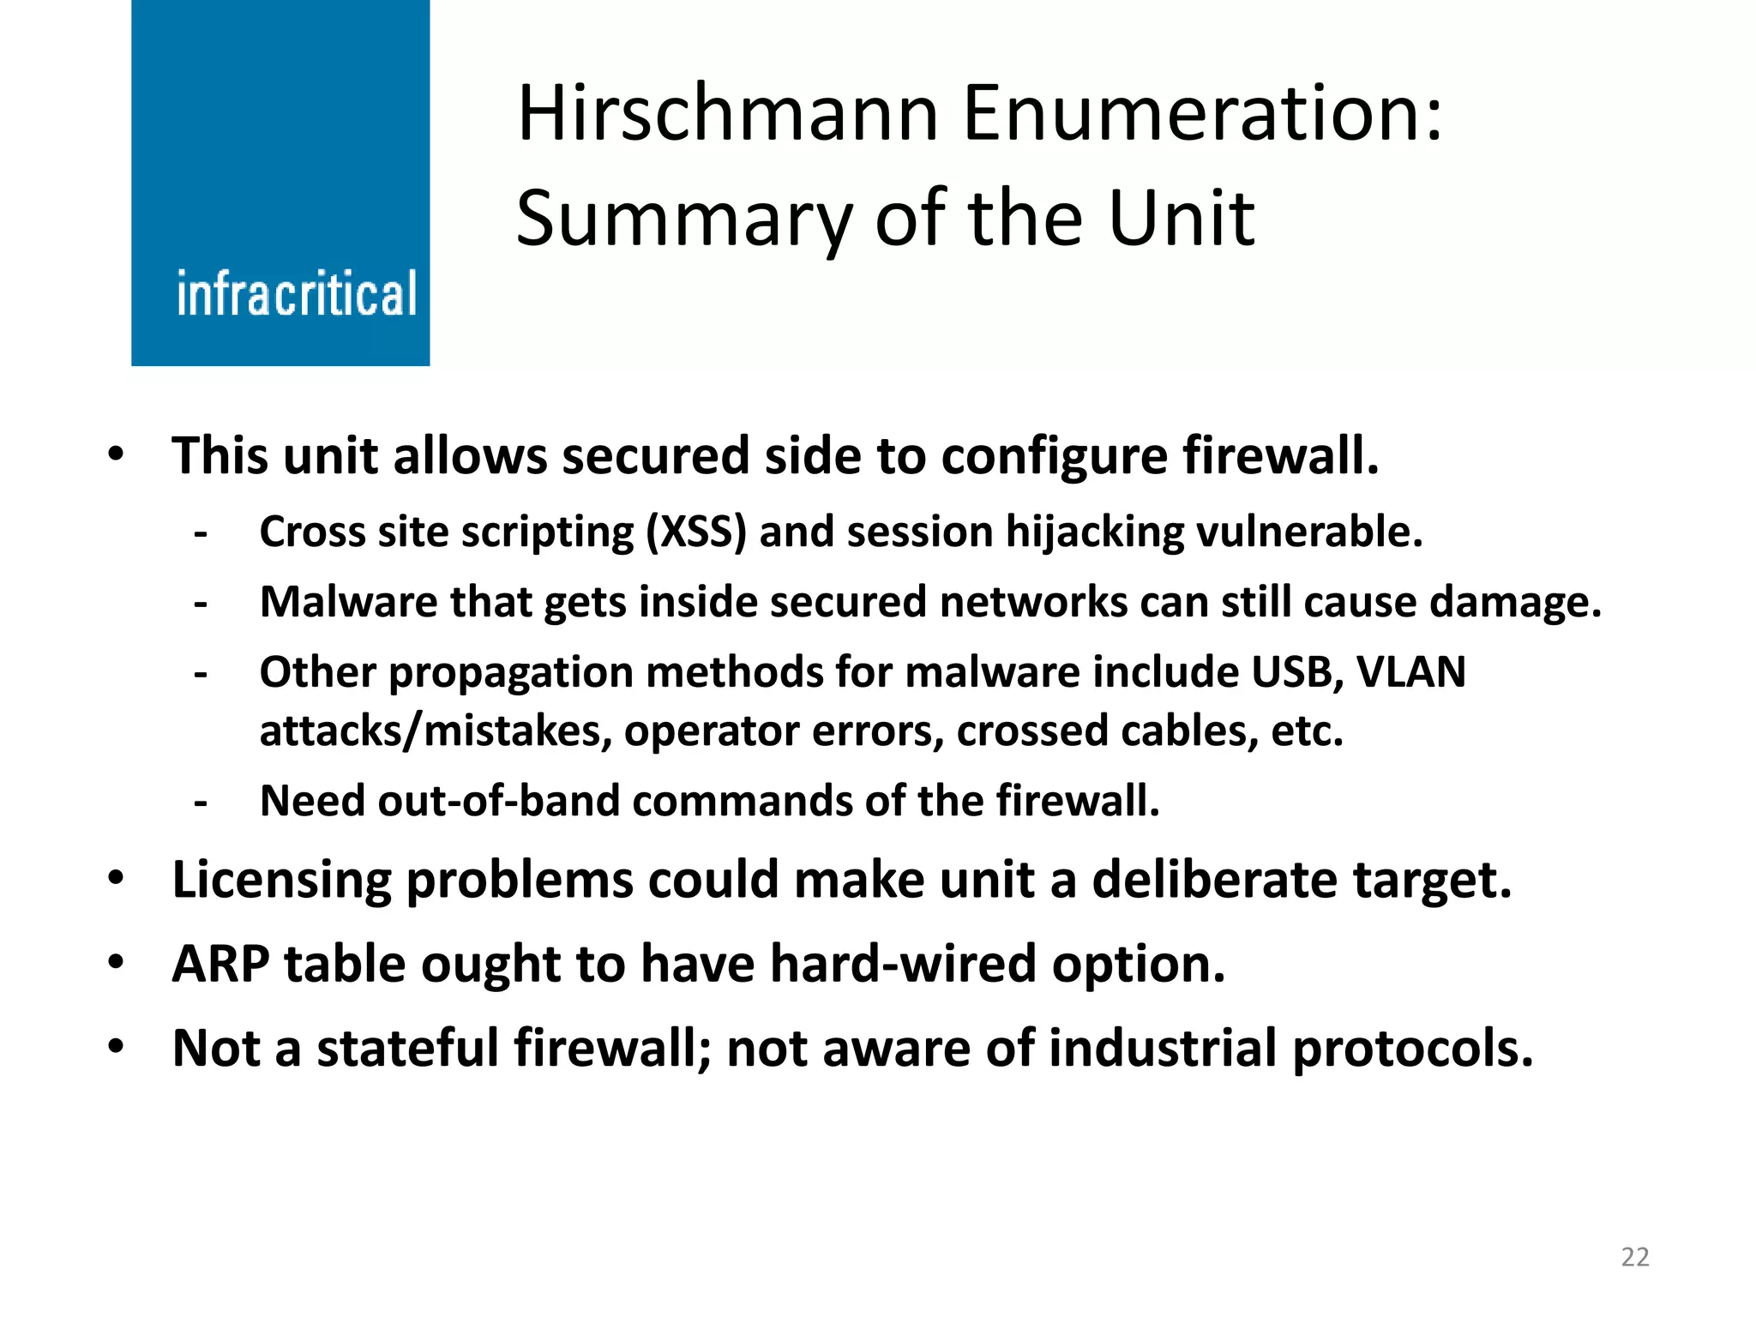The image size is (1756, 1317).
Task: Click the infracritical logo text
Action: (297, 294)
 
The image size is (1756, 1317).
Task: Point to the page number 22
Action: (1635, 1257)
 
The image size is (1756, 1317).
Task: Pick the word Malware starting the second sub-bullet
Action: (348, 602)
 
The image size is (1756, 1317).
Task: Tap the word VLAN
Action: (1411, 672)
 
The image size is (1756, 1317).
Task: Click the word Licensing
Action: (281, 881)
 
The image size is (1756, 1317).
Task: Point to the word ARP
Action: (220, 965)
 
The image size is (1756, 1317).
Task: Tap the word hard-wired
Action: (904, 965)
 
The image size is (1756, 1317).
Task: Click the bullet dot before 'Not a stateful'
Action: (116, 1046)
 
